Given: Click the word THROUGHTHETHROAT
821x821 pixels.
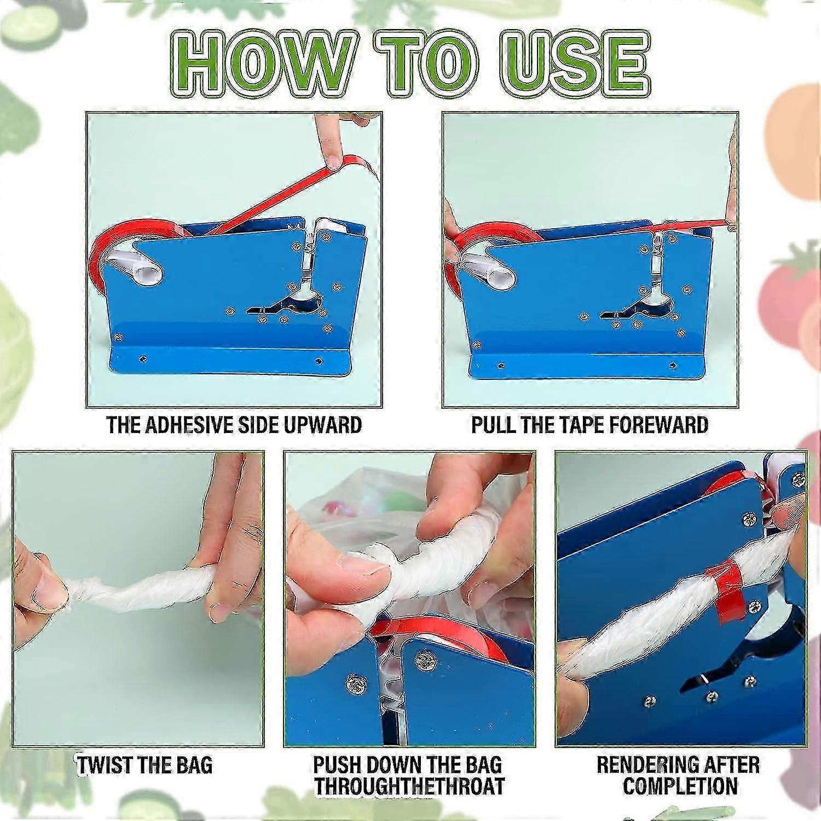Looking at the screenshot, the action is (x=409, y=786).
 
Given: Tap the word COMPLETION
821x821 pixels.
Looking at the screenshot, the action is (x=680, y=786).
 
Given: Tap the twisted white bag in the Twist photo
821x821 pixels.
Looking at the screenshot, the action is (x=137, y=594).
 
